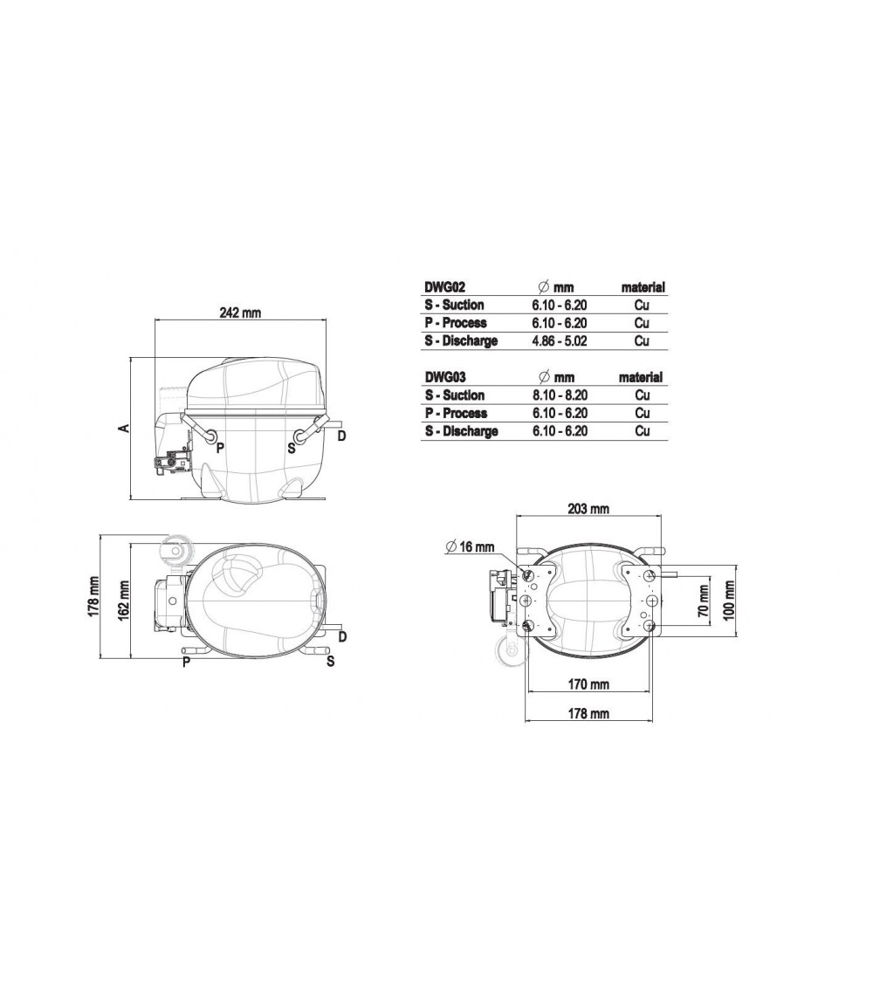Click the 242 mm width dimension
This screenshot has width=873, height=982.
[240, 312]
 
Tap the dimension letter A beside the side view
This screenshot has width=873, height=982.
[125, 429]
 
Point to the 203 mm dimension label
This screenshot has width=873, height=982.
[588, 509]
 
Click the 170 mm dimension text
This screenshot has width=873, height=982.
[588, 683]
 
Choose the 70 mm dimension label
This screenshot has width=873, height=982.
[704, 601]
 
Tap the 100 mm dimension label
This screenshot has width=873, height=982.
[729, 601]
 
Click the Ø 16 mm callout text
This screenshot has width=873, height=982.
[470, 546]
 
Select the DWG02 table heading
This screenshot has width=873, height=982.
[445, 287]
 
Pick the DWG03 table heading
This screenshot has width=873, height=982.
[445, 377]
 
